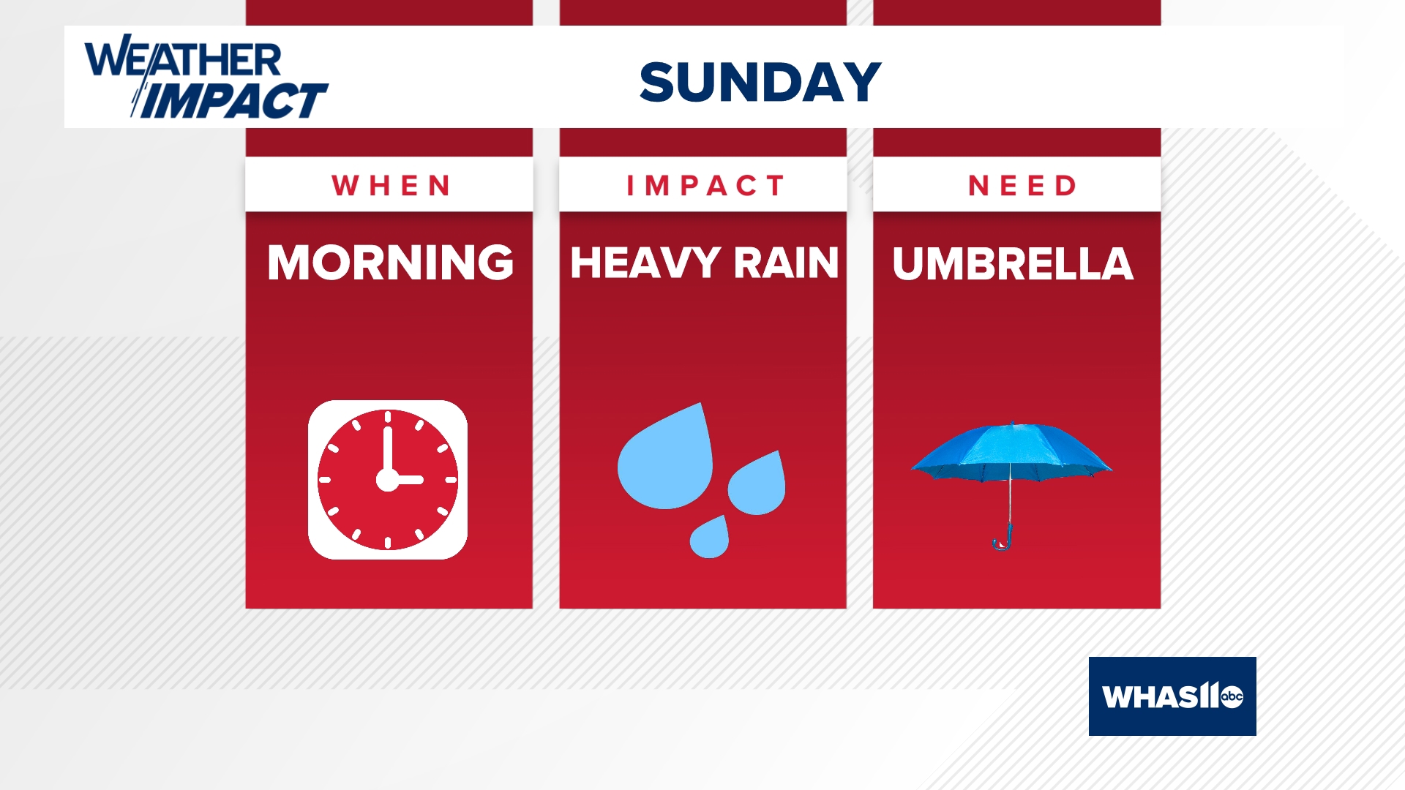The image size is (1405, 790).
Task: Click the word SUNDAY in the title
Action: (x=760, y=81)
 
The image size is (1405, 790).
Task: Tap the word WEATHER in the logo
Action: (x=183, y=59)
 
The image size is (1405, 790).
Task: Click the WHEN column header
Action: (x=391, y=186)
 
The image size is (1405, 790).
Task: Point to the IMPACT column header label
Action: (x=705, y=186)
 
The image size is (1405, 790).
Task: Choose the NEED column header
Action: (x=1022, y=186)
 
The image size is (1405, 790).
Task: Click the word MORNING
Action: (x=390, y=263)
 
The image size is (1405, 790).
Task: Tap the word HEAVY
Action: (x=645, y=263)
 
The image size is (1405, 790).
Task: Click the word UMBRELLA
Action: (x=1013, y=263)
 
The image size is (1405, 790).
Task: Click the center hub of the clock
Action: (x=387, y=480)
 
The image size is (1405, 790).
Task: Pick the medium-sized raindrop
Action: (x=757, y=486)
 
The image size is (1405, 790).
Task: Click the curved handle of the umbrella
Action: (x=1003, y=540)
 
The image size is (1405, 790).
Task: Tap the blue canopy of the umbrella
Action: (x=1011, y=450)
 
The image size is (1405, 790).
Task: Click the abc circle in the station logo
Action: (x=1232, y=696)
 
